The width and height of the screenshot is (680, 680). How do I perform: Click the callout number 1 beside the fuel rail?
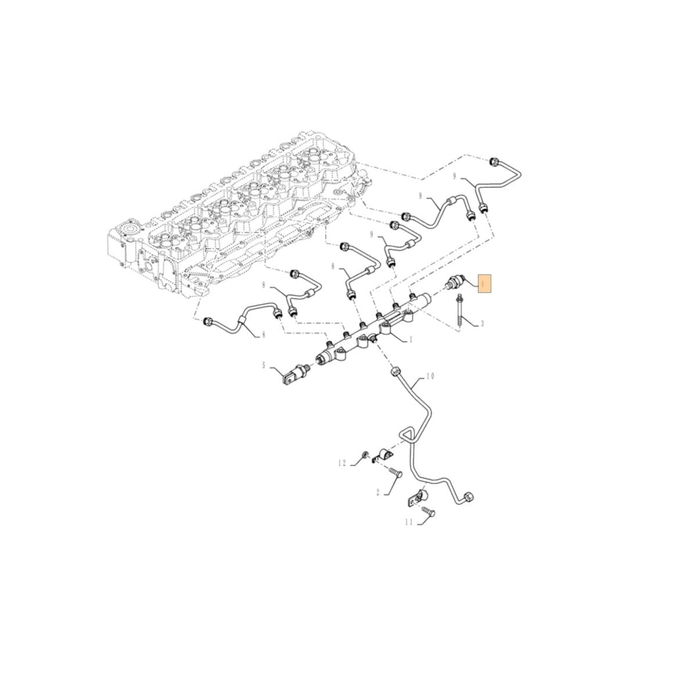(x=411, y=339)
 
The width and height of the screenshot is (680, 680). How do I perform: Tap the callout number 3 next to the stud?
(x=482, y=324)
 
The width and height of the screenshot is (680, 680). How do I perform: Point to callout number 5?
(x=265, y=365)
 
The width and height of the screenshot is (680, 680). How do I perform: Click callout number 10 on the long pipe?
(x=430, y=376)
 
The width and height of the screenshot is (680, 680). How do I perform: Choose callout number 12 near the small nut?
(x=343, y=463)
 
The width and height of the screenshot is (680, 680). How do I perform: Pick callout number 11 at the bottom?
(x=409, y=522)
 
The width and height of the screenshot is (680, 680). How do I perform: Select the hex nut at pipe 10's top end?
(x=395, y=372)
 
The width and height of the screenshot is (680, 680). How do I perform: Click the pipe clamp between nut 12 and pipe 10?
(x=386, y=455)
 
